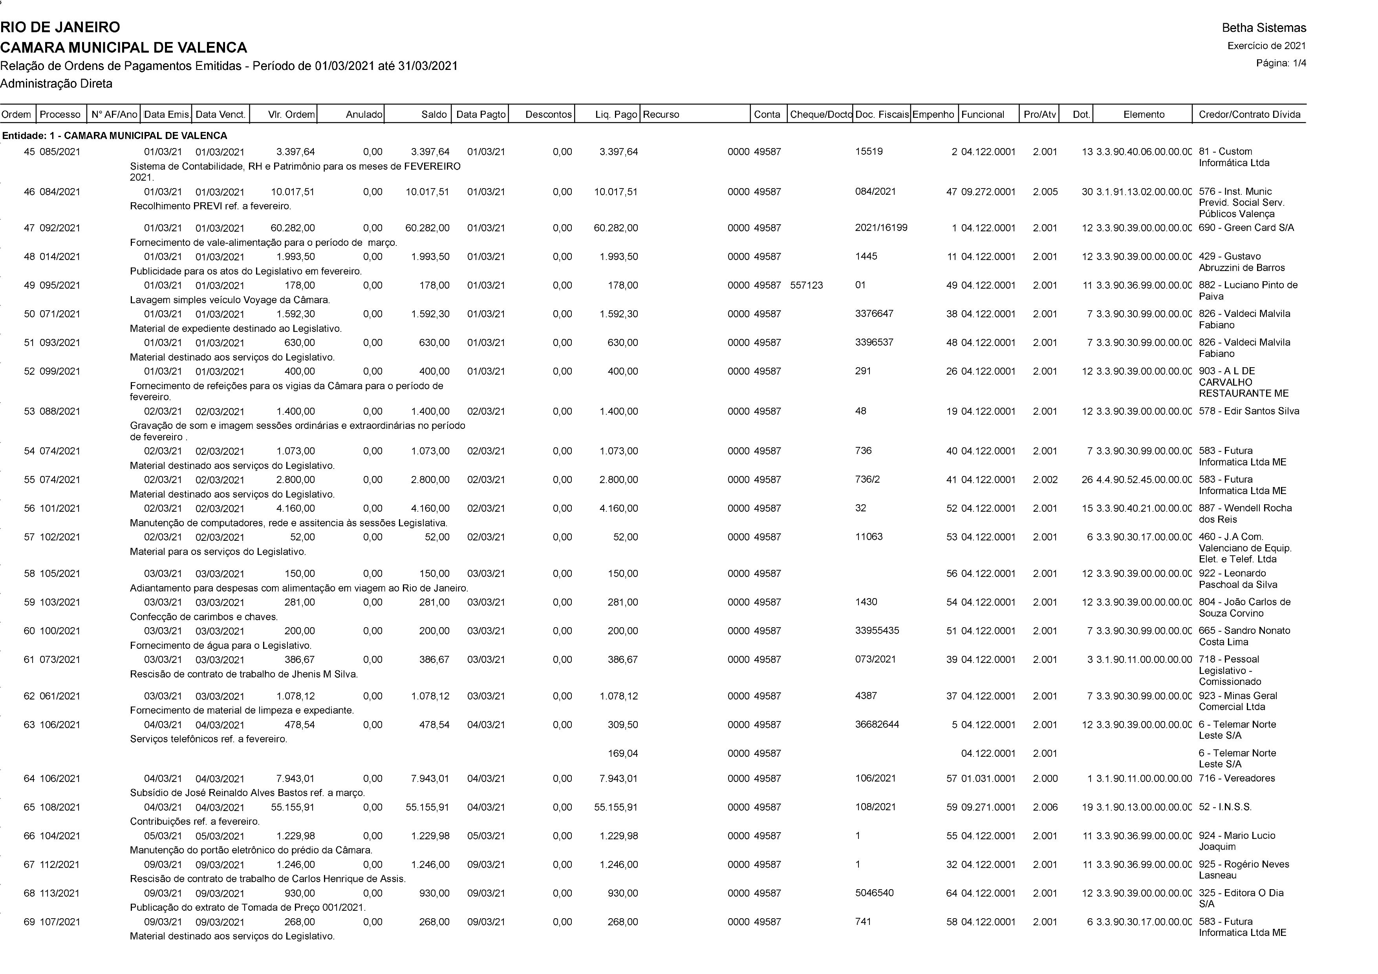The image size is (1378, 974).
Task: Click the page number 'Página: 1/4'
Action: click(1281, 63)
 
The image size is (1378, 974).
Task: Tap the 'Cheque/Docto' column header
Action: click(820, 114)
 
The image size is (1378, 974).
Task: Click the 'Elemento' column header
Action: click(1143, 114)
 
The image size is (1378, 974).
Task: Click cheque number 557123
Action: click(806, 285)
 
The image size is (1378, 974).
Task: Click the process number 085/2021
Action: click(60, 152)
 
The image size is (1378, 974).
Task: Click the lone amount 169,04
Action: click(623, 753)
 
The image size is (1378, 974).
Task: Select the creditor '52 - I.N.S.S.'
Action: click(1225, 807)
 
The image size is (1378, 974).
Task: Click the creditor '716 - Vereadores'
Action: click(1236, 778)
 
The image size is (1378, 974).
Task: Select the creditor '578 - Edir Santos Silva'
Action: click(1248, 411)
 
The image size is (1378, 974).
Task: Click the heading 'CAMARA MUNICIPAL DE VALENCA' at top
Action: click(124, 48)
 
